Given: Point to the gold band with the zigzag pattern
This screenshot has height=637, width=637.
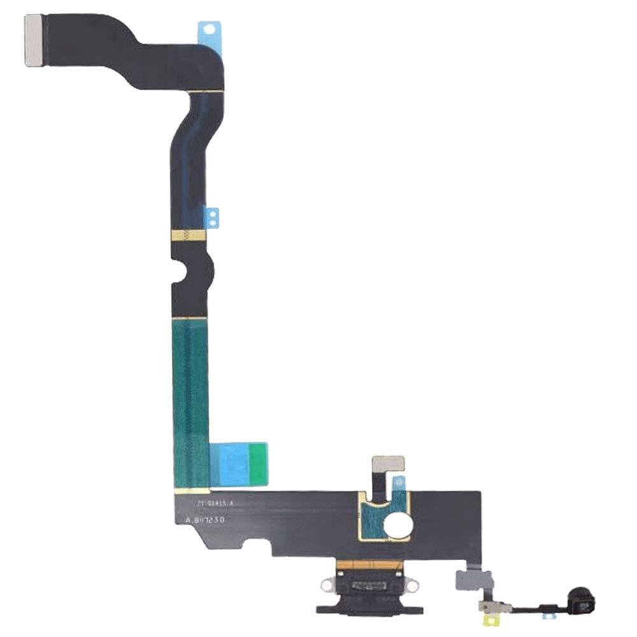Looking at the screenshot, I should tap(189, 235).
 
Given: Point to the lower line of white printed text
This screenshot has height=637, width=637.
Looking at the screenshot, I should tap(205, 520).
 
